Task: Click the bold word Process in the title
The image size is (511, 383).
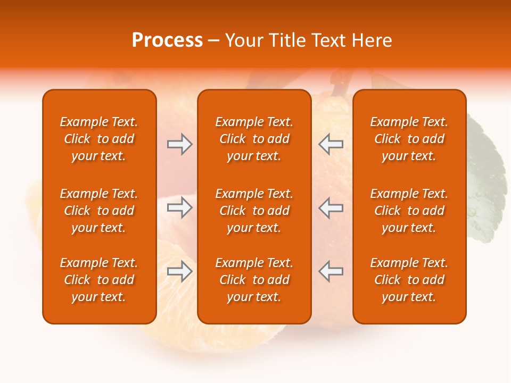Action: pos(167,40)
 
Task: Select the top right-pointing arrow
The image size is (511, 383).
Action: pos(179,144)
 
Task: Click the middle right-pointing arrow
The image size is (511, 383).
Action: pos(179,207)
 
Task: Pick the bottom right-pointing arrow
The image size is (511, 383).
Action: pos(179,271)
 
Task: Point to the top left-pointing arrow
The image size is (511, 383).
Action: pos(331,144)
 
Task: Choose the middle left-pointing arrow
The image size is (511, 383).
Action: pos(331,207)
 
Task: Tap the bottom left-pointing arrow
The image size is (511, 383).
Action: pos(331,271)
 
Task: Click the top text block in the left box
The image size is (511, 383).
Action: pos(99,139)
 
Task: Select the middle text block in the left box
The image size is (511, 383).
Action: pos(99,211)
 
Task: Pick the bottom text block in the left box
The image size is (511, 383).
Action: pos(99,280)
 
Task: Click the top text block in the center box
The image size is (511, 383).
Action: pos(254,139)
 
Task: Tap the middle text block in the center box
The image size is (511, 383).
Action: pos(254,211)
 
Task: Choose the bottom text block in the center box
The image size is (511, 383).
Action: pos(254,280)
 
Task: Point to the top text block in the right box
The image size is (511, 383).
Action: pos(409,139)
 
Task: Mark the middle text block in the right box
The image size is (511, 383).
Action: pos(409,211)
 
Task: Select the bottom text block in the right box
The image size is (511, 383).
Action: pos(409,280)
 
